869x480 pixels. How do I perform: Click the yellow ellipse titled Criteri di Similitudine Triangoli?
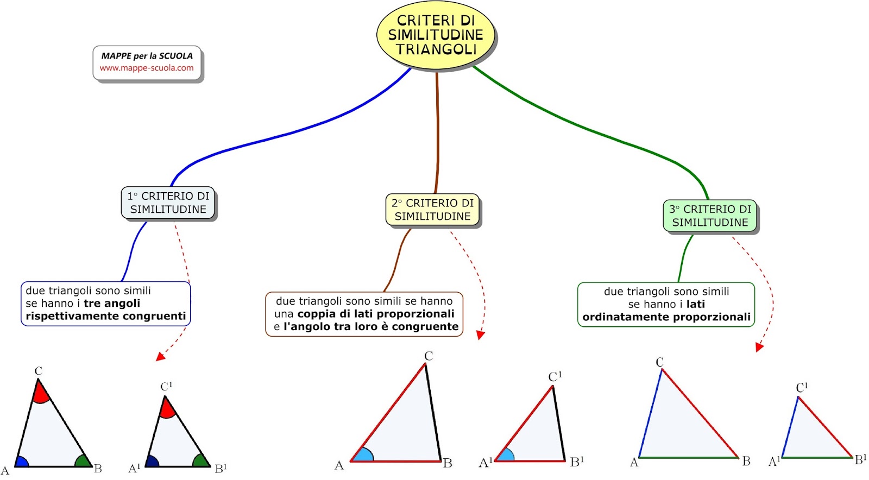pyautogui.click(x=436, y=35)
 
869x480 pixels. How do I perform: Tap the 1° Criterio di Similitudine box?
pyautogui.click(x=168, y=203)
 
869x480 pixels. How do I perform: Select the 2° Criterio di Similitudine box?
pyautogui.click(x=432, y=210)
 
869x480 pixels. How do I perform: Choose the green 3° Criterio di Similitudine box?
pyautogui.click(x=709, y=216)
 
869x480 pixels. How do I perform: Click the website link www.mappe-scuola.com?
pyautogui.click(x=147, y=68)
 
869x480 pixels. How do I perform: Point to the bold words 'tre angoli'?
pyautogui.click(x=112, y=303)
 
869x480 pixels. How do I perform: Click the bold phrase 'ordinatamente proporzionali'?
pyautogui.click(x=666, y=317)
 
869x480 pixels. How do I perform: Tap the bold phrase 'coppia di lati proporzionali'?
pyautogui.click(x=376, y=313)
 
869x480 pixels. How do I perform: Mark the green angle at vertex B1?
pyautogui.click(x=201, y=461)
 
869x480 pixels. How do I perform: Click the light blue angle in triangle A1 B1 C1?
pyautogui.click(x=506, y=456)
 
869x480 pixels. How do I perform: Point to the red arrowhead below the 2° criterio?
pyautogui.click(x=480, y=335)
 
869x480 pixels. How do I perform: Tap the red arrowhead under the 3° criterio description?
pyautogui.click(x=759, y=347)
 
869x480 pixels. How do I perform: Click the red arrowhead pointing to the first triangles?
pyautogui.click(x=160, y=356)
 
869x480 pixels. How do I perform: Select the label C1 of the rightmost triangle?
pyautogui.click(x=802, y=387)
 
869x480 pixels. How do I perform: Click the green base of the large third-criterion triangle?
pyautogui.click(x=688, y=457)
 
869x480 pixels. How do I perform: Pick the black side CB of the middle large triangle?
pyautogui.click(x=433, y=413)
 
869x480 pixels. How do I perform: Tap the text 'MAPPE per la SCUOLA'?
pyautogui.click(x=147, y=55)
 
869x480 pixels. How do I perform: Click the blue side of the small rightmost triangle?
pyautogui.click(x=790, y=427)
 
